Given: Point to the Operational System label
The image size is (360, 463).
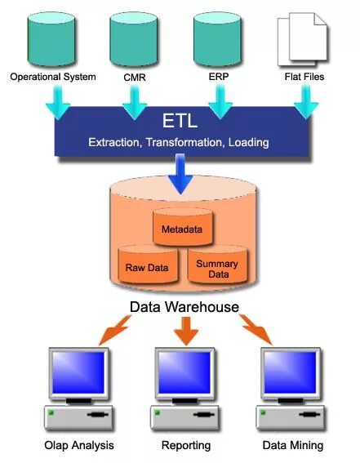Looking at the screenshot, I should pos(52,78).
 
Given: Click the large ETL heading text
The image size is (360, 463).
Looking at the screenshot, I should pos(180,120).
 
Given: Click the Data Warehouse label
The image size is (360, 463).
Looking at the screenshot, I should pos(184,307).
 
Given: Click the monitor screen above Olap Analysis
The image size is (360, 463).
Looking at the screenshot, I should pos(78,372).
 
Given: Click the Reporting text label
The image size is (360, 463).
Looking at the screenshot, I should pos(186,446).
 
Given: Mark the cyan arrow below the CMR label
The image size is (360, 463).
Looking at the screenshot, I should pos(133,103).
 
